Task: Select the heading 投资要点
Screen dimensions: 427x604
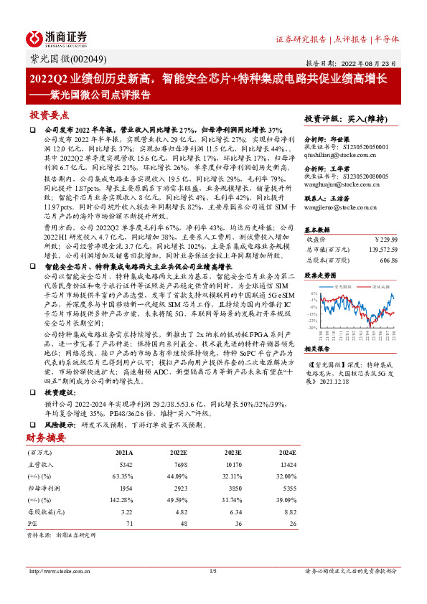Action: (49, 115)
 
